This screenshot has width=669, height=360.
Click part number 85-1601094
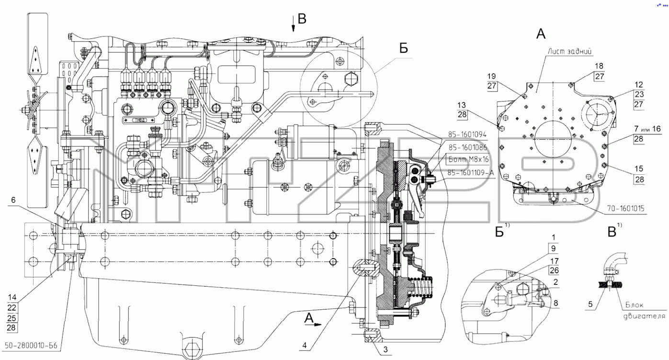click(x=467, y=135)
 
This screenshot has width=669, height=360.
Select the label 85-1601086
click(x=467, y=147)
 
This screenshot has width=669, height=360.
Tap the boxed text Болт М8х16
click(x=469, y=160)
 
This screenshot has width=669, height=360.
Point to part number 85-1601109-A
click(x=471, y=173)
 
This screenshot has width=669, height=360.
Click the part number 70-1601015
click(x=625, y=209)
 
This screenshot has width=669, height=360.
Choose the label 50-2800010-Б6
click(x=31, y=346)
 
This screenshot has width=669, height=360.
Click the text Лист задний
click(x=569, y=52)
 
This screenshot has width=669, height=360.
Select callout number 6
click(x=13, y=200)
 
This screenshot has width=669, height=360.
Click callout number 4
click(x=305, y=345)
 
